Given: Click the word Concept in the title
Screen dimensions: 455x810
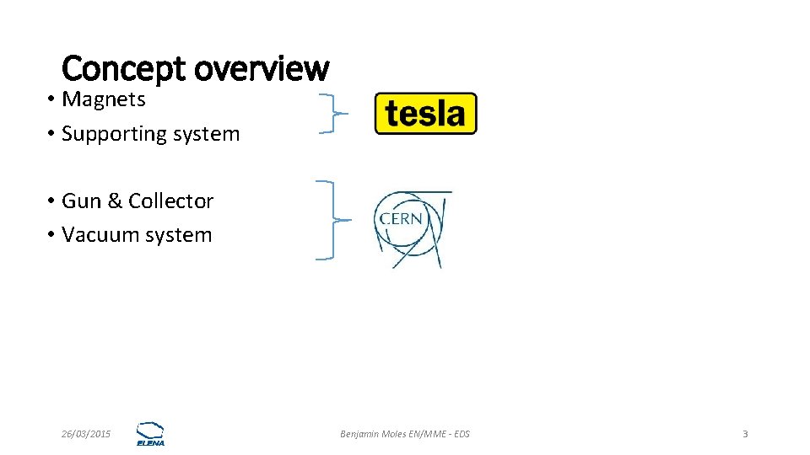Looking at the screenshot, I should click(123, 68).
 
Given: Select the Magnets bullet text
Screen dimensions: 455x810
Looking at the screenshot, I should click(104, 99).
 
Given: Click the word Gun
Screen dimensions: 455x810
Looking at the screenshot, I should click(81, 201).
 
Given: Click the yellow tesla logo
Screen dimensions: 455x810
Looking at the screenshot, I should click(425, 114).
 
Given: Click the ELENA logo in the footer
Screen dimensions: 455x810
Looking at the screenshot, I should click(151, 433).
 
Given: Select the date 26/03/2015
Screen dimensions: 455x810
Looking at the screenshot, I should click(86, 434).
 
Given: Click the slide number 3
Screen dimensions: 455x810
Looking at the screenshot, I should click(745, 434).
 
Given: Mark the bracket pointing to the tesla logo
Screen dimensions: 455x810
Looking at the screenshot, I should click(332, 114).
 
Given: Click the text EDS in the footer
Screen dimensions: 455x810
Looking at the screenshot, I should click(462, 434).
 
